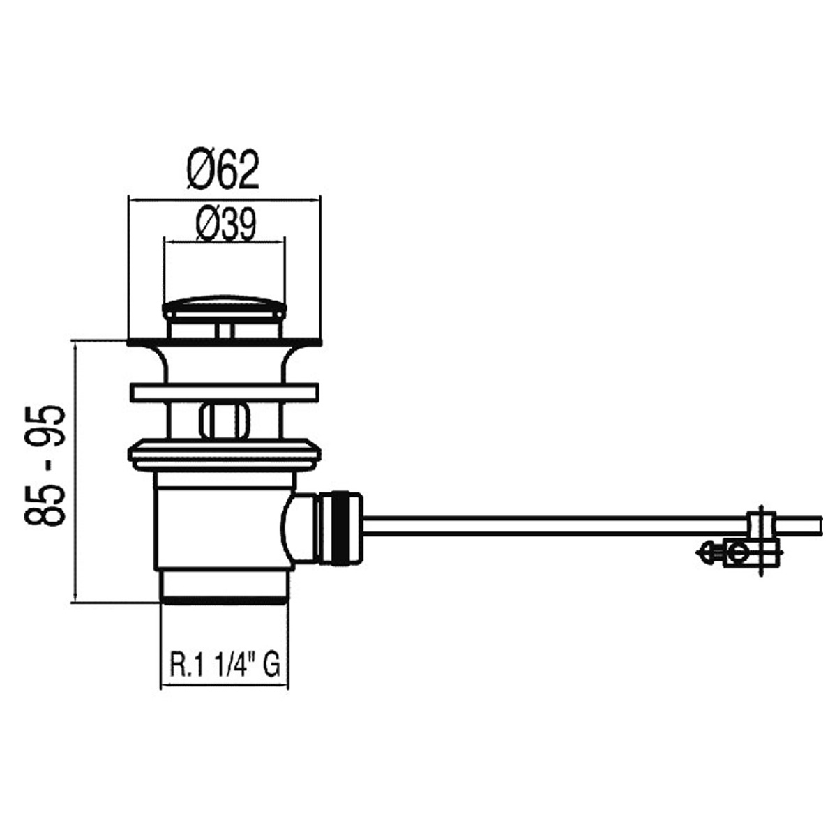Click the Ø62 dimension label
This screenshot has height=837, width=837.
tap(223, 169)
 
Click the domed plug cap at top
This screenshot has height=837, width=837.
tap(224, 306)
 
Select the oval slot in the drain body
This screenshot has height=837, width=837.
tap(224, 418)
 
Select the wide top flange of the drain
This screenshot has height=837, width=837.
tap(224, 343)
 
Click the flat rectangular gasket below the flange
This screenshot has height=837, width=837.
tap(224, 391)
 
